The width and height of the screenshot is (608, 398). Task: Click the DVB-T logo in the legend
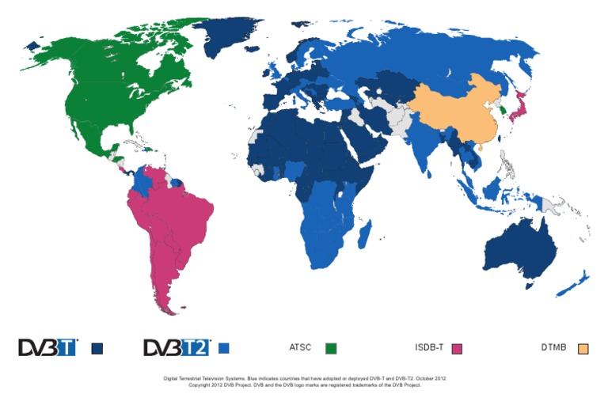coord(48,347)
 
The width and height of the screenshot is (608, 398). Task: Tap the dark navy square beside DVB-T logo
coord(97,348)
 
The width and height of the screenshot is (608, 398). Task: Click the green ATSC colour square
coord(331,348)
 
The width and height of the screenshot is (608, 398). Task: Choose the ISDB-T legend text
coord(430,347)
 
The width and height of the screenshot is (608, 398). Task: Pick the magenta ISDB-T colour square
coord(456,348)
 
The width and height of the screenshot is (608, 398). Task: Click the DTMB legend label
coord(553,347)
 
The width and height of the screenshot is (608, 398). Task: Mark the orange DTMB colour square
coord(583,348)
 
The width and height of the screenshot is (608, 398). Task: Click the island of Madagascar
coord(365,234)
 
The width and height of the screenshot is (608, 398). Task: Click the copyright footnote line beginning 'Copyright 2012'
coord(303,385)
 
